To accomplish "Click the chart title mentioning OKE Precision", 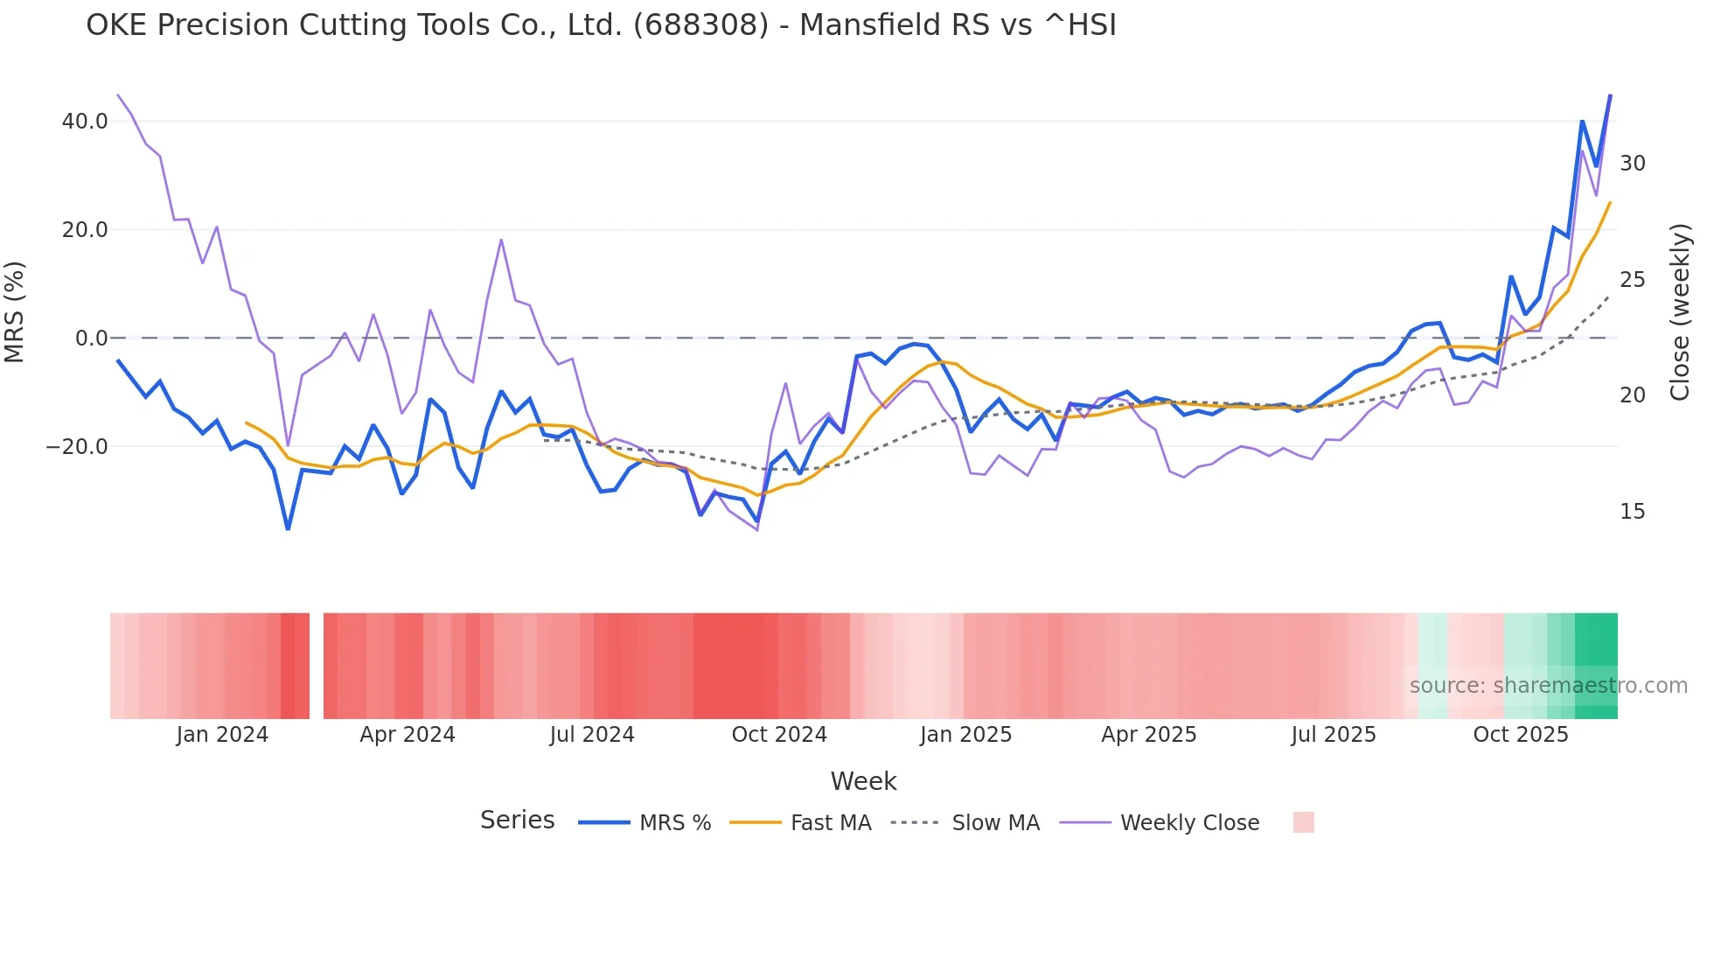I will click(x=601, y=25).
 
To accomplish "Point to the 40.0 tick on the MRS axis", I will click(x=85, y=122).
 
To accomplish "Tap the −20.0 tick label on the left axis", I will click(x=77, y=447).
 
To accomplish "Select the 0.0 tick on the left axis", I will click(x=91, y=339).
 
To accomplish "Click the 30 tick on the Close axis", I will click(x=1632, y=164).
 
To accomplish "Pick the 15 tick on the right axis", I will click(x=1632, y=512).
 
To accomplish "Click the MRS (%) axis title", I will click(x=15, y=312).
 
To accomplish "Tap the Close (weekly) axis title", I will click(x=1679, y=312).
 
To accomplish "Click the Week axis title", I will click(x=863, y=781).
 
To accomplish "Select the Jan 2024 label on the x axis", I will click(x=222, y=735).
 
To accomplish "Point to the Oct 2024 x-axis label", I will click(x=779, y=735).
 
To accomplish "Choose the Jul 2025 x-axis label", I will click(x=1334, y=735).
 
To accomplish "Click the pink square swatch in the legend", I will click(x=1303, y=822).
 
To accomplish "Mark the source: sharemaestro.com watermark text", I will click(x=1548, y=686).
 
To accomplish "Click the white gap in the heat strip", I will click(x=317, y=666).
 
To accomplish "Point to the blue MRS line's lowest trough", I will click(x=288, y=528).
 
